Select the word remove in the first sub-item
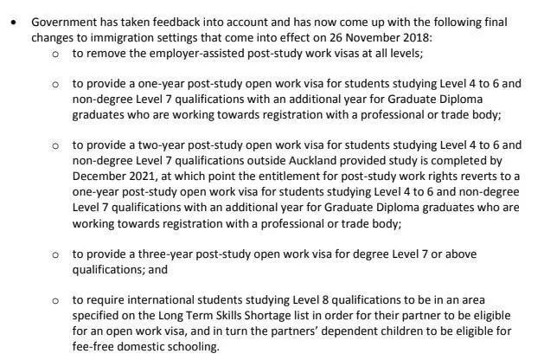[106, 54]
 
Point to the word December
[101, 176]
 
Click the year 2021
[145, 176]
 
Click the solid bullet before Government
[13, 22]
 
